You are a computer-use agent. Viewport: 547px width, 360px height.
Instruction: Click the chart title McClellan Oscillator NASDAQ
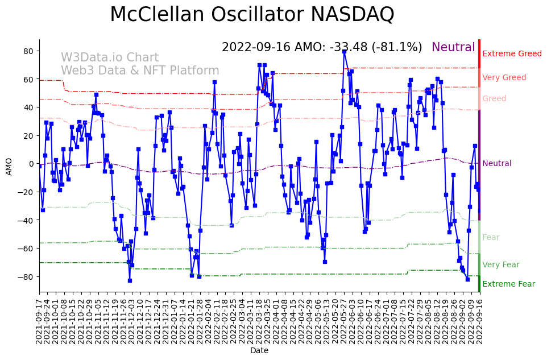tap(252, 14)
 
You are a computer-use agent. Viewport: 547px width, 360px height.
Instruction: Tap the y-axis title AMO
tap(9, 166)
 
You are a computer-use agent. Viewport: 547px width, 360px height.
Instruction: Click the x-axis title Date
tap(259, 351)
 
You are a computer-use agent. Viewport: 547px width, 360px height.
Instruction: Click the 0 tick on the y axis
tap(31, 164)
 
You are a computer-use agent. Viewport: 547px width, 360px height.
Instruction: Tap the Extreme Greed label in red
tap(512, 54)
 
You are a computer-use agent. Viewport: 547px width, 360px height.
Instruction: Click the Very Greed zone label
tap(504, 78)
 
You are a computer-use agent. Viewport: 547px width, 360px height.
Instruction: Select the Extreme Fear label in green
tap(508, 284)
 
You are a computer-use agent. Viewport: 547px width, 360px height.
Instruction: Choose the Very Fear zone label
tap(500, 265)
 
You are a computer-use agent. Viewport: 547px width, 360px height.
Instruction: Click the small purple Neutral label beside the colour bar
tap(497, 164)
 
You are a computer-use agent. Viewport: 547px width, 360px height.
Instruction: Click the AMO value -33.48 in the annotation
tap(350, 48)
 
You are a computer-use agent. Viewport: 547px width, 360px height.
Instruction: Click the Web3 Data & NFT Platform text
tap(140, 71)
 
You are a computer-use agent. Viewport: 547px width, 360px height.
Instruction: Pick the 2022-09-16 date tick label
tap(479, 321)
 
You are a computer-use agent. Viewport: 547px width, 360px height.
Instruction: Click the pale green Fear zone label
tap(491, 238)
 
